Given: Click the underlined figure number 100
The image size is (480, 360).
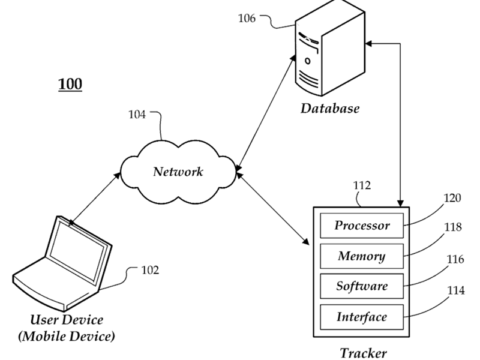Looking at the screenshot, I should click(x=70, y=84).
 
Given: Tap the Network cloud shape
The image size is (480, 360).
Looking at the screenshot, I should click(x=178, y=172).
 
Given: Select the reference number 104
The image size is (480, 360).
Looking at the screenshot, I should click(x=137, y=115).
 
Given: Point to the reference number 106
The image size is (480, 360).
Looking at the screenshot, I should click(x=247, y=18).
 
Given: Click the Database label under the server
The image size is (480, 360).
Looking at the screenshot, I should click(x=329, y=109).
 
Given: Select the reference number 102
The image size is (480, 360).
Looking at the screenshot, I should click(x=150, y=270).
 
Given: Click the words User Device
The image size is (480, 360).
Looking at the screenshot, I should click(x=67, y=320).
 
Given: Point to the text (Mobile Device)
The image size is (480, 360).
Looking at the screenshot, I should click(x=67, y=336).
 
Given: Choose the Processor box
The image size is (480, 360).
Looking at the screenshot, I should click(x=362, y=226).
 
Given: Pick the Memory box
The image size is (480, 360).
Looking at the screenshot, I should click(x=362, y=256).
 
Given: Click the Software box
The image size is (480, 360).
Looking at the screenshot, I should click(x=362, y=286).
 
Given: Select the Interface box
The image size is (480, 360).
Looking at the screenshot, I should click(x=362, y=317).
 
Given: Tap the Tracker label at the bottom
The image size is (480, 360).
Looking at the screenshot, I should click(x=363, y=353).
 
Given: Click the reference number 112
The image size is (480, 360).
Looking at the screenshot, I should click(x=362, y=186).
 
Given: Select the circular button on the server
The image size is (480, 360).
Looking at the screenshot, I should click(x=308, y=61).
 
